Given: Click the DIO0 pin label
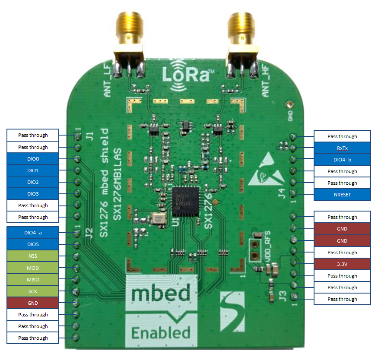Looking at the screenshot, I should click(33, 159).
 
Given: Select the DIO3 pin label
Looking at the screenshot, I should click(33, 194).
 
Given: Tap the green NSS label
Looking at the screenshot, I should click(33, 256).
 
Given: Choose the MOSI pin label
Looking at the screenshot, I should click(33, 268).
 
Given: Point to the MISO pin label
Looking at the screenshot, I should click(33, 280).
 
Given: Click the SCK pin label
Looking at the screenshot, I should click(33, 291).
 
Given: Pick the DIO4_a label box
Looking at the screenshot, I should click(33, 233).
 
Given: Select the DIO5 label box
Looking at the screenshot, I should click(33, 245).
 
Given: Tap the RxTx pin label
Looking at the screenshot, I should click(342, 148).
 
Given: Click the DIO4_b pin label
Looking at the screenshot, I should click(342, 160).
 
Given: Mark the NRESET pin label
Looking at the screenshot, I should click(342, 195).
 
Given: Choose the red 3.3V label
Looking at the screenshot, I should click(342, 264).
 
